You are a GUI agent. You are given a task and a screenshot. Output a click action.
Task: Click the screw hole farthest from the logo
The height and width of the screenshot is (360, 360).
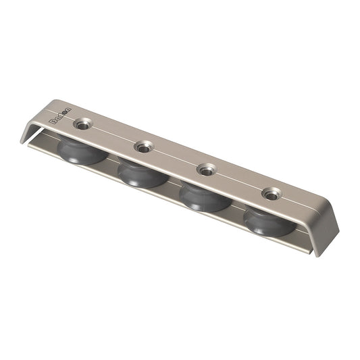click(x=272, y=195)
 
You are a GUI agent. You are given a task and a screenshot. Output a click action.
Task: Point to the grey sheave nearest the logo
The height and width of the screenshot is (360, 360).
click(x=82, y=149)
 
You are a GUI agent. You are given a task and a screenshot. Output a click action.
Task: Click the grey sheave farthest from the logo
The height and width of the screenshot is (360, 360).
click(x=269, y=221)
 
